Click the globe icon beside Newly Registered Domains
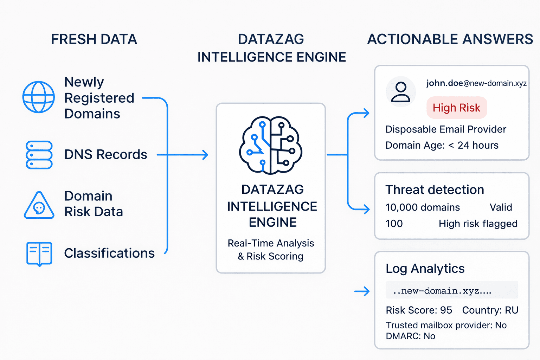[x=39, y=97]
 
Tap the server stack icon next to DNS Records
[x=39, y=155]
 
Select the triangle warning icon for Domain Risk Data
[x=39, y=206]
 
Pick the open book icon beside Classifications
[x=39, y=253]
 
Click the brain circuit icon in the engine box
[x=271, y=145]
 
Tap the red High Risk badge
[x=456, y=108]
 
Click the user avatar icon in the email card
[x=401, y=92]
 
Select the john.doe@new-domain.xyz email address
[x=476, y=83]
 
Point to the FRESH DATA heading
[x=94, y=39]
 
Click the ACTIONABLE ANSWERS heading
[x=450, y=39]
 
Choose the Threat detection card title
[x=435, y=190]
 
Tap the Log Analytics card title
[x=425, y=269]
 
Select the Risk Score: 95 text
[x=419, y=310]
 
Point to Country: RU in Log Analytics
[x=490, y=310]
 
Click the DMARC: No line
[x=410, y=336]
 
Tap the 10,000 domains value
[x=423, y=207]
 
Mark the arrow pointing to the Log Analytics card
[x=362, y=291]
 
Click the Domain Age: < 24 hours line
[x=442, y=145]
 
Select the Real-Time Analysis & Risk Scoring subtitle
[x=271, y=250]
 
